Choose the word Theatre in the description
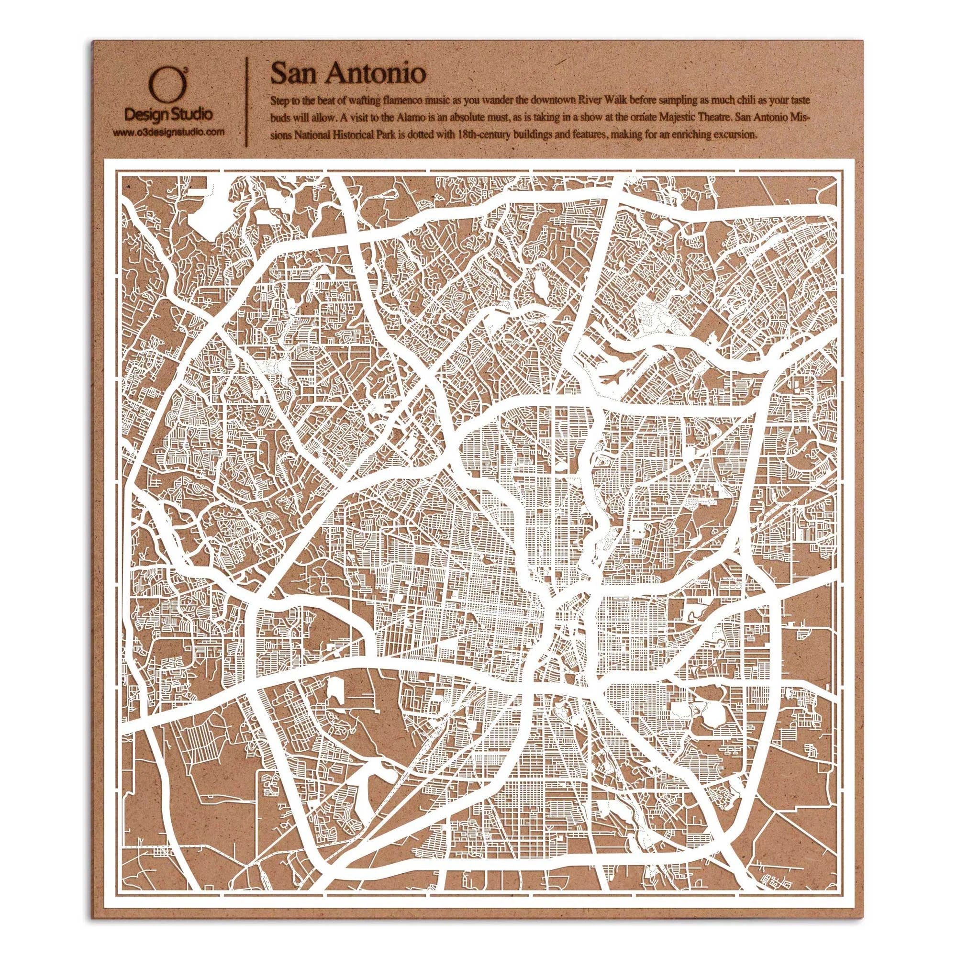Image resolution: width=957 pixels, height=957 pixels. [x=707, y=118]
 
